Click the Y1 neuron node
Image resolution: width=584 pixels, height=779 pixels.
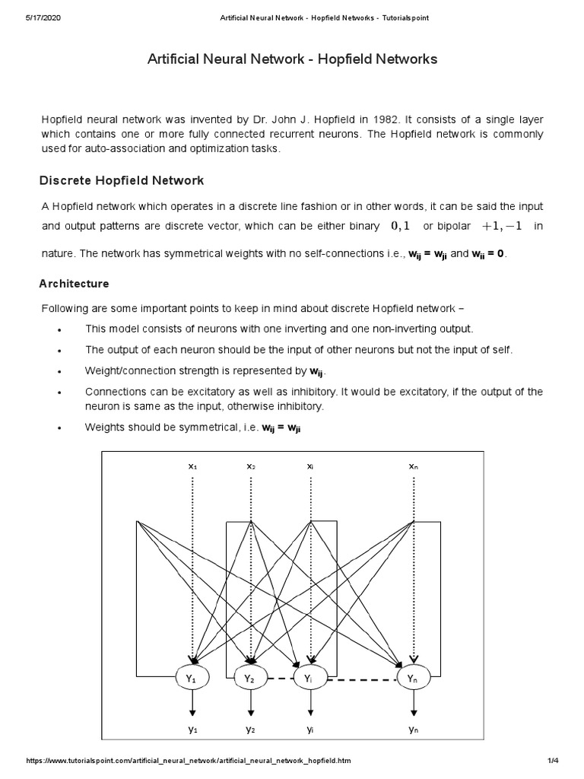[192, 677]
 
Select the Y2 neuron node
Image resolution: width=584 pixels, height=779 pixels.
[250, 677]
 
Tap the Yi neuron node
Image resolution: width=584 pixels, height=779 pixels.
[309, 677]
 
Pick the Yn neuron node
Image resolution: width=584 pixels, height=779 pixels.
[413, 677]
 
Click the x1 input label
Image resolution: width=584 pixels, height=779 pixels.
[192, 465]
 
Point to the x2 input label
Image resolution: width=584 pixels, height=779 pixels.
[251, 465]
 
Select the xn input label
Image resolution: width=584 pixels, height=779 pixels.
[413, 465]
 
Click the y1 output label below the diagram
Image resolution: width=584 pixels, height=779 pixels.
[192, 729]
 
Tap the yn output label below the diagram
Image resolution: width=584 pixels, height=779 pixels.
[413, 729]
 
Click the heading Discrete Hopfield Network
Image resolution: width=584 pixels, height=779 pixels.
[122, 180]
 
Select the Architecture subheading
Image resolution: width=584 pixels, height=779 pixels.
[74, 284]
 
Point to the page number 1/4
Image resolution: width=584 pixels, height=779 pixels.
[553, 761]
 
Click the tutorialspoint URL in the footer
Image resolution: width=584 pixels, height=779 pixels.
[189, 761]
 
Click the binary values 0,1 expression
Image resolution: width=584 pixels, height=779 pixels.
[400, 226]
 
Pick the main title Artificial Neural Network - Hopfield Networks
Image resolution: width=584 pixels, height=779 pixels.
[292, 59]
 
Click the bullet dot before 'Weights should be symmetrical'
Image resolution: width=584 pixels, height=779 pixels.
[59, 429]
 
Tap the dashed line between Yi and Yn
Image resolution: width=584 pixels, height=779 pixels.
[360, 678]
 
